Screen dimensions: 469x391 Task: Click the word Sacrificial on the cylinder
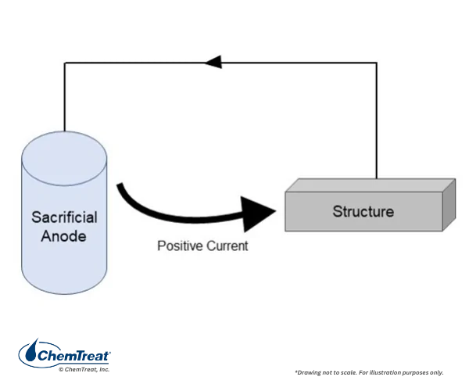click(x=64, y=217)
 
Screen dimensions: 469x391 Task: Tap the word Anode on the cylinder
click(x=64, y=236)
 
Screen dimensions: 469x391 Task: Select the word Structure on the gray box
click(x=363, y=211)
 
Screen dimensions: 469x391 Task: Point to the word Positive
click(x=180, y=246)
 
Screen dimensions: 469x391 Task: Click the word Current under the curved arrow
click(x=227, y=246)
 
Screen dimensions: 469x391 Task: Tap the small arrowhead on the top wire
click(x=213, y=63)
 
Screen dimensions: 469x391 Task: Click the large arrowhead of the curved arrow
click(x=258, y=213)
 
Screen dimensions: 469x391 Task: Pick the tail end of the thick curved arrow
click(x=120, y=185)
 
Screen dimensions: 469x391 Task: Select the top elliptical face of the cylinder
click(x=64, y=158)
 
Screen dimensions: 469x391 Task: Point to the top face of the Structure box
click(x=371, y=185)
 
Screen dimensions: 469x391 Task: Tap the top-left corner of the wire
click(x=65, y=63)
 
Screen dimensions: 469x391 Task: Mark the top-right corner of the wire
click(x=376, y=63)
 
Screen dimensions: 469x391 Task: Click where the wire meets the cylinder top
click(x=65, y=131)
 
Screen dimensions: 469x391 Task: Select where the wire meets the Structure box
click(x=376, y=178)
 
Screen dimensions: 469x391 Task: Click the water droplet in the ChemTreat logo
click(x=31, y=350)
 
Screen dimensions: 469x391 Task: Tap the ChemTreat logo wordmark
click(x=73, y=356)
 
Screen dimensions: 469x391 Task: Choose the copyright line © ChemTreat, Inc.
click(x=84, y=369)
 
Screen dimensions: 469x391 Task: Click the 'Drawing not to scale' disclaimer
click(x=369, y=372)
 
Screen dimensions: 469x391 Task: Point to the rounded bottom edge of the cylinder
click(x=64, y=293)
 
